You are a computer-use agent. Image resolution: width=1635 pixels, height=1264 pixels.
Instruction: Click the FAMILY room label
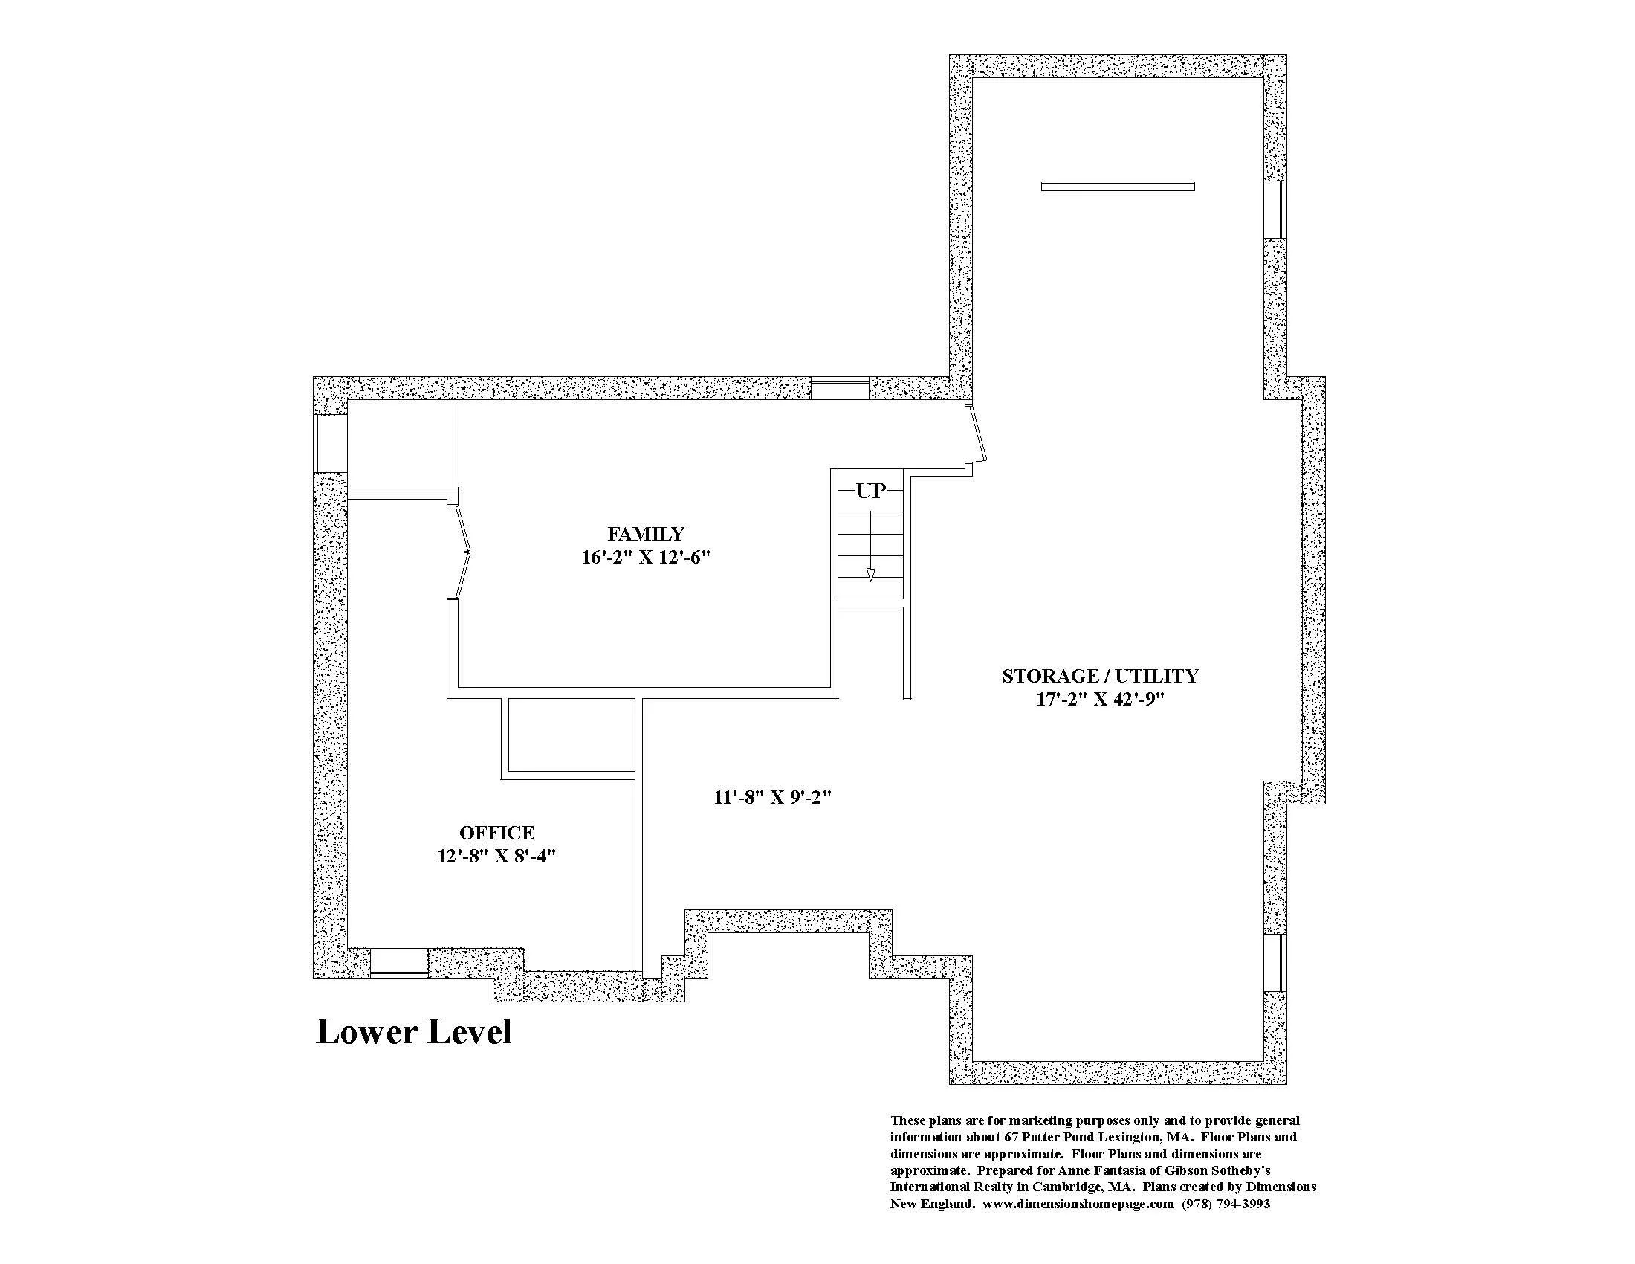click(645, 534)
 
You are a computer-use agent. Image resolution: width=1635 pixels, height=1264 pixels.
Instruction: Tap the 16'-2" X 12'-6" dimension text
click(645, 558)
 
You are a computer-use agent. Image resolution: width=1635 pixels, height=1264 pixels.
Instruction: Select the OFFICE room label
click(497, 833)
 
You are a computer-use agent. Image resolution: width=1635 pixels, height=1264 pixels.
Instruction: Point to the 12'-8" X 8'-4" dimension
click(497, 856)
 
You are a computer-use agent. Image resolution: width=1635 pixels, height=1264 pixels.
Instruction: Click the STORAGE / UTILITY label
click(1101, 676)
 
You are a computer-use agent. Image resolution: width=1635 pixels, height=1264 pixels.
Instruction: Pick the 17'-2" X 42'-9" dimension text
click(1101, 700)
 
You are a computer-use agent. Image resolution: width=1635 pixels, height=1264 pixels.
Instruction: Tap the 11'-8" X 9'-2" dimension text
click(774, 798)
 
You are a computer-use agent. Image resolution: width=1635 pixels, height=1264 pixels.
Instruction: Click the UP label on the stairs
click(871, 491)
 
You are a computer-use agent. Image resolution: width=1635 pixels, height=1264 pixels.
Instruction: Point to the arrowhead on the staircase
click(870, 574)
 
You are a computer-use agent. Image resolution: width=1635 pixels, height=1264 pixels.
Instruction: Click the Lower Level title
click(414, 1031)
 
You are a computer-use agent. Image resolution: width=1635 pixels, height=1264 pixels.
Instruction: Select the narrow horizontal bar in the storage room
click(1118, 187)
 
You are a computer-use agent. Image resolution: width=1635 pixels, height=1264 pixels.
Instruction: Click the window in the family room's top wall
click(840, 390)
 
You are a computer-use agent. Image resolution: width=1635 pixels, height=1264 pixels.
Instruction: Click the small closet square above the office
click(572, 735)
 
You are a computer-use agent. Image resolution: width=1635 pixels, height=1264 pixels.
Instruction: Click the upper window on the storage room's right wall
click(1275, 210)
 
